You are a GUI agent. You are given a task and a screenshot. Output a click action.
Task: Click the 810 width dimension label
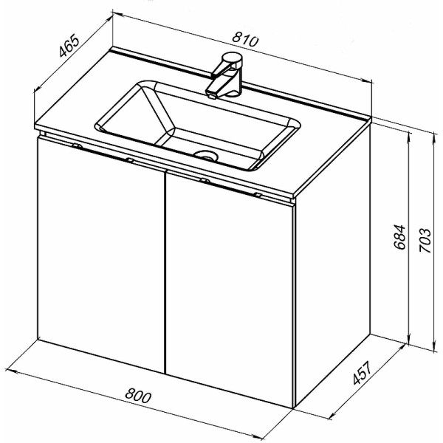click(x=245, y=40)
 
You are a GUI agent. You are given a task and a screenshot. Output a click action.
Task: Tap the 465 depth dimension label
click(x=69, y=46)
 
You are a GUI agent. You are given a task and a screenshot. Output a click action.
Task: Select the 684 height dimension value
click(x=399, y=237)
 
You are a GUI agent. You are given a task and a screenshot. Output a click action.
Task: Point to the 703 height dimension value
click(x=425, y=240)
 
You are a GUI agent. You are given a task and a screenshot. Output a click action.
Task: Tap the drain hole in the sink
click(x=206, y=155)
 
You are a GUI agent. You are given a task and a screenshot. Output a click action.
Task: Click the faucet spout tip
click(x=211, y=95)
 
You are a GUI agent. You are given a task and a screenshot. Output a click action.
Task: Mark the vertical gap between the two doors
click(x=165, y=272)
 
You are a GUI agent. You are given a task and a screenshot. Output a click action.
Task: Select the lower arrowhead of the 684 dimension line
click(x=408, y=340)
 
